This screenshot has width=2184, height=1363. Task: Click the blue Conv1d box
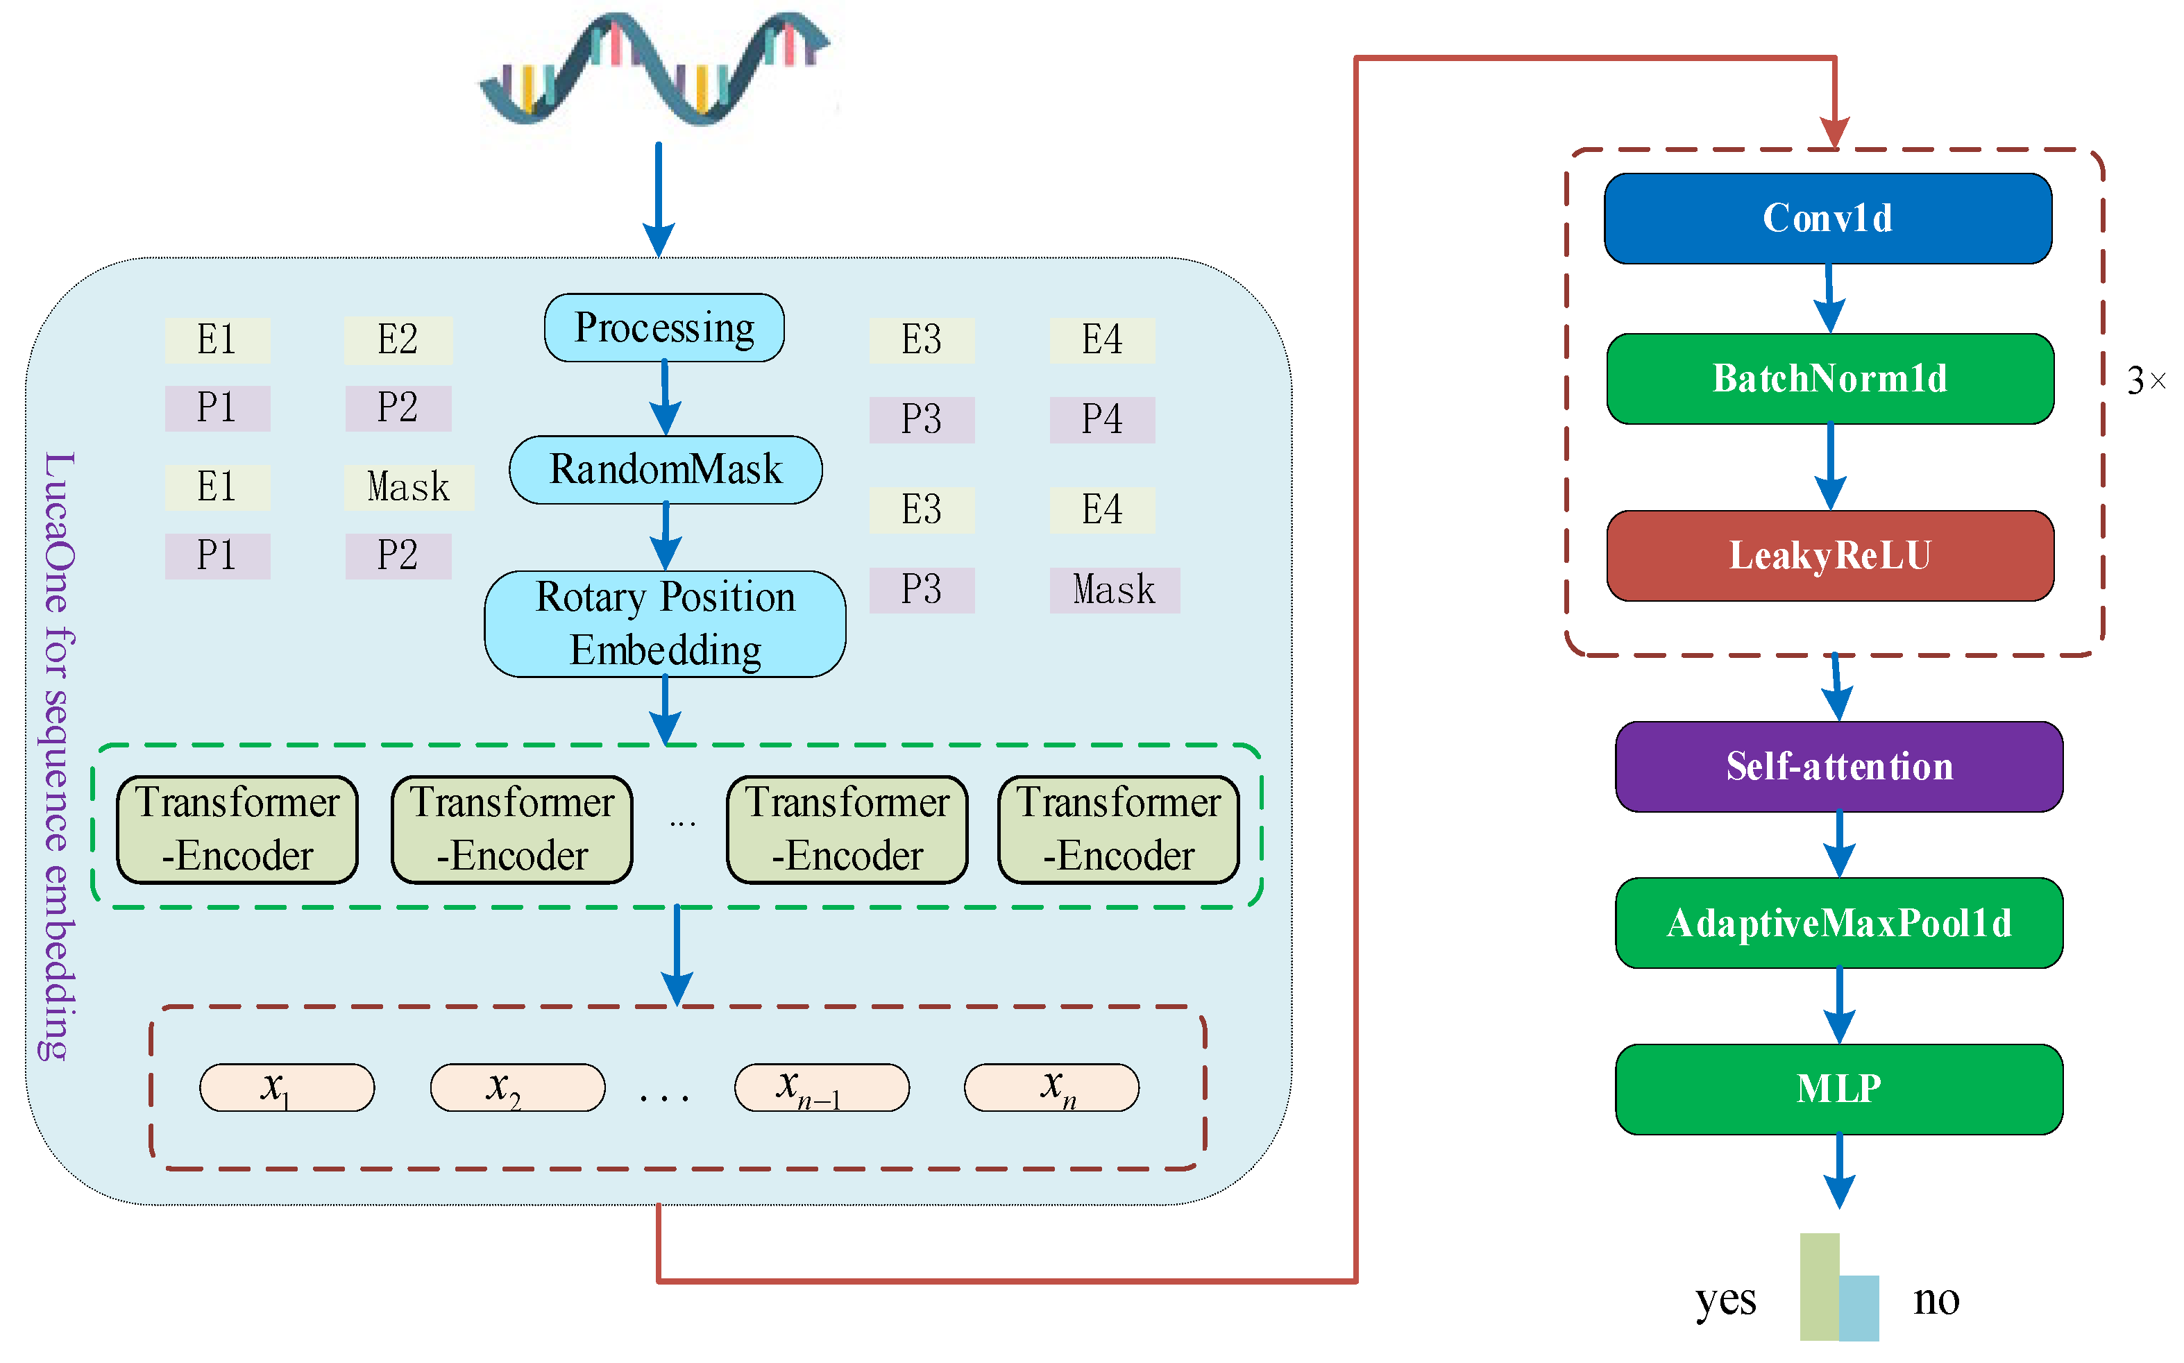point(1827,218)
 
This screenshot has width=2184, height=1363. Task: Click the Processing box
point(663,328)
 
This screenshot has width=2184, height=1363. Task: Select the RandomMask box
point(666,470)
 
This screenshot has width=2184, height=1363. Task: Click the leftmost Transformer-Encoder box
point(237,829)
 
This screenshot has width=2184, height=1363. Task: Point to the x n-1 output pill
point(821,1087)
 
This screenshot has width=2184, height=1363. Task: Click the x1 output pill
point(286,1087)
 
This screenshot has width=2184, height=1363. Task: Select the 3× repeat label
point(2144,380)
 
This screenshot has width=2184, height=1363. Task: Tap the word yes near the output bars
point(1725,1300)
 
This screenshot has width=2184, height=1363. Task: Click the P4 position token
point(1101,420)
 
